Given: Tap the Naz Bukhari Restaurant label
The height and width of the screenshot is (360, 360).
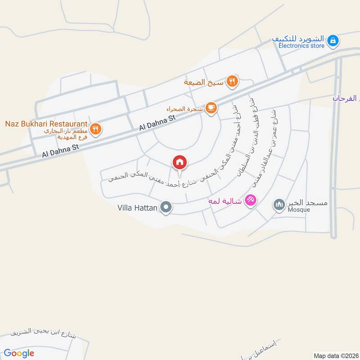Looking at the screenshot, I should click(45, 123).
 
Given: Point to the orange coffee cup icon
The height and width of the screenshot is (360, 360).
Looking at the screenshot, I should click(211, 108).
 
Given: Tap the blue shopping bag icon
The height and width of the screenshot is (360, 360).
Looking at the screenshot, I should click(333, 41).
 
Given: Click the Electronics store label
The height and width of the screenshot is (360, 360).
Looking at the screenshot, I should click(301, 46).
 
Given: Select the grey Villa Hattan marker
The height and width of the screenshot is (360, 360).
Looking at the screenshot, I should click(166, 207).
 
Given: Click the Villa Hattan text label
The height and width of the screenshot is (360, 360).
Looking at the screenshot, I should click(137, 207).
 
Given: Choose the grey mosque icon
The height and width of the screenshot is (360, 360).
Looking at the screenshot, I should click(279, 205).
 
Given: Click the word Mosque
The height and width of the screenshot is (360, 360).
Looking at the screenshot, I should click(299, 209).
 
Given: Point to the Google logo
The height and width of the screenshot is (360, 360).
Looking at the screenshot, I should click(19, 353).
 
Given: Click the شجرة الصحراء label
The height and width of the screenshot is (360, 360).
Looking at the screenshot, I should click(184, 108).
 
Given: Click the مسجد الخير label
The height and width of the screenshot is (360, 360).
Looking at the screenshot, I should click(308, 202).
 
